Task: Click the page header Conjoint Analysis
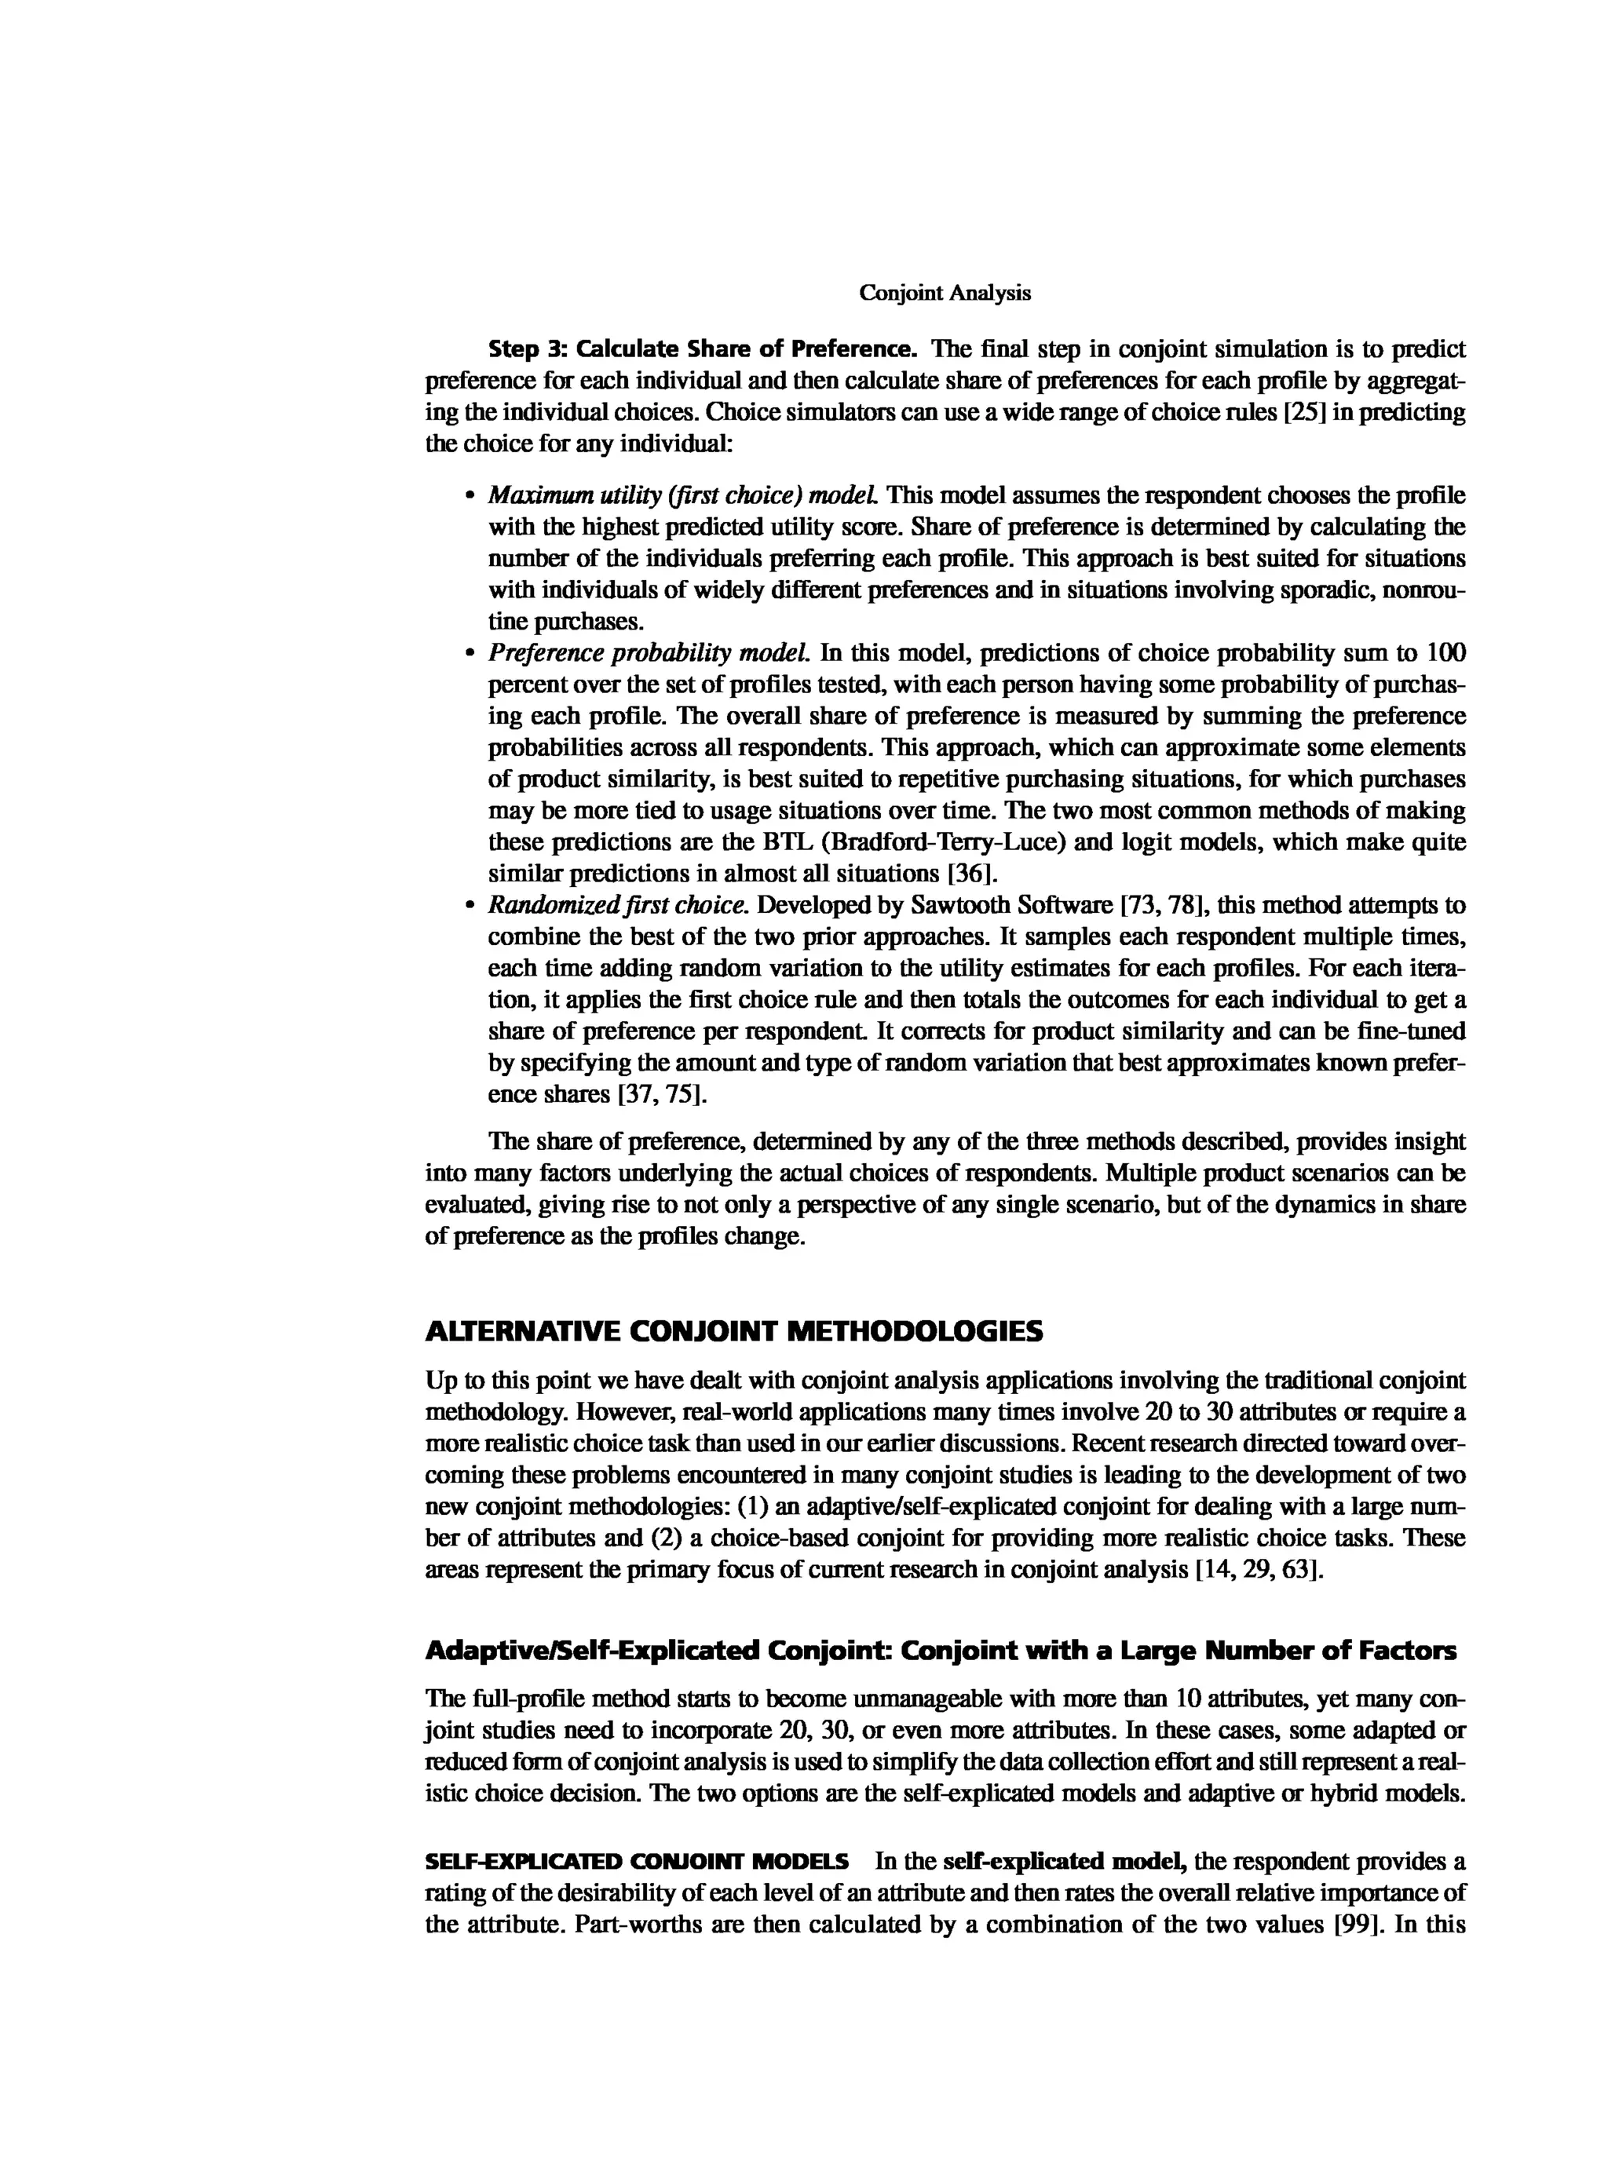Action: click(945, 293)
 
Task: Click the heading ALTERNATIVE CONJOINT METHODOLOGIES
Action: click(734, 1331)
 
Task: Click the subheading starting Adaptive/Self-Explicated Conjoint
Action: click(941, 1651)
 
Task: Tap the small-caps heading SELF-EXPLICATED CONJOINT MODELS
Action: click(637, 1862)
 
